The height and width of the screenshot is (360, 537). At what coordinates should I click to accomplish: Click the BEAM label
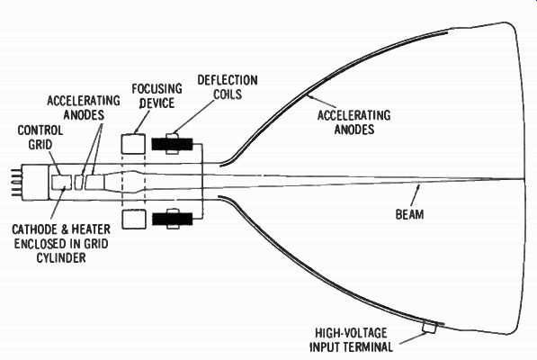409,214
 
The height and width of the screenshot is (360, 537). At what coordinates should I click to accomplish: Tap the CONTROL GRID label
40,138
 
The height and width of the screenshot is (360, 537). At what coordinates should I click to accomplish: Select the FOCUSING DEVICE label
157,96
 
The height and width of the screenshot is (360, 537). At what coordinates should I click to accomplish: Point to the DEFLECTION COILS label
228,87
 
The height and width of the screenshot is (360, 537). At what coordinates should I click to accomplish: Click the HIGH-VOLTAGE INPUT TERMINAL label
352,340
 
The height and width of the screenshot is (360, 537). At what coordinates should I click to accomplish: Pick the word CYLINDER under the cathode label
61,257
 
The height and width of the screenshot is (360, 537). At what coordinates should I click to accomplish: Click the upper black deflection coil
173,144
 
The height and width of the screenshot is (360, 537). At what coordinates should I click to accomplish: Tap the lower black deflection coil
173,219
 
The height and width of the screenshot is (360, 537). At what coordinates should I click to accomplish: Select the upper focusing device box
133,144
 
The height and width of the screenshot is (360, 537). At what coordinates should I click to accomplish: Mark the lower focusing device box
133,219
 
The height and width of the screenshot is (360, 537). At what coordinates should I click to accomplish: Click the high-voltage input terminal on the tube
429,328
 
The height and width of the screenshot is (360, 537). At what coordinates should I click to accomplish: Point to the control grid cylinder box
62,182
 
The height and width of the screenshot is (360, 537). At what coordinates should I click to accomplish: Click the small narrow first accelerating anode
79,182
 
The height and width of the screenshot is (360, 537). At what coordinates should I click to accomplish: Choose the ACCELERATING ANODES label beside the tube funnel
354,122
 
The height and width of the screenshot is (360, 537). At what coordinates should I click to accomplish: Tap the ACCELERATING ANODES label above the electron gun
84,108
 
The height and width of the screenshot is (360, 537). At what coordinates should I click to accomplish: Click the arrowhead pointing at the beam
418,186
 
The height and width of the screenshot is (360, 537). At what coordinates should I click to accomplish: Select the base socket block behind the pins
34,182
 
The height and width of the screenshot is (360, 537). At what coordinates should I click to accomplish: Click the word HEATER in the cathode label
91,229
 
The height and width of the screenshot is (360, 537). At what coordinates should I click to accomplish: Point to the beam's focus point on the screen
523,179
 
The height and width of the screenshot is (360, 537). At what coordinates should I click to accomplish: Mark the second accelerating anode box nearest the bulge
94,182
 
